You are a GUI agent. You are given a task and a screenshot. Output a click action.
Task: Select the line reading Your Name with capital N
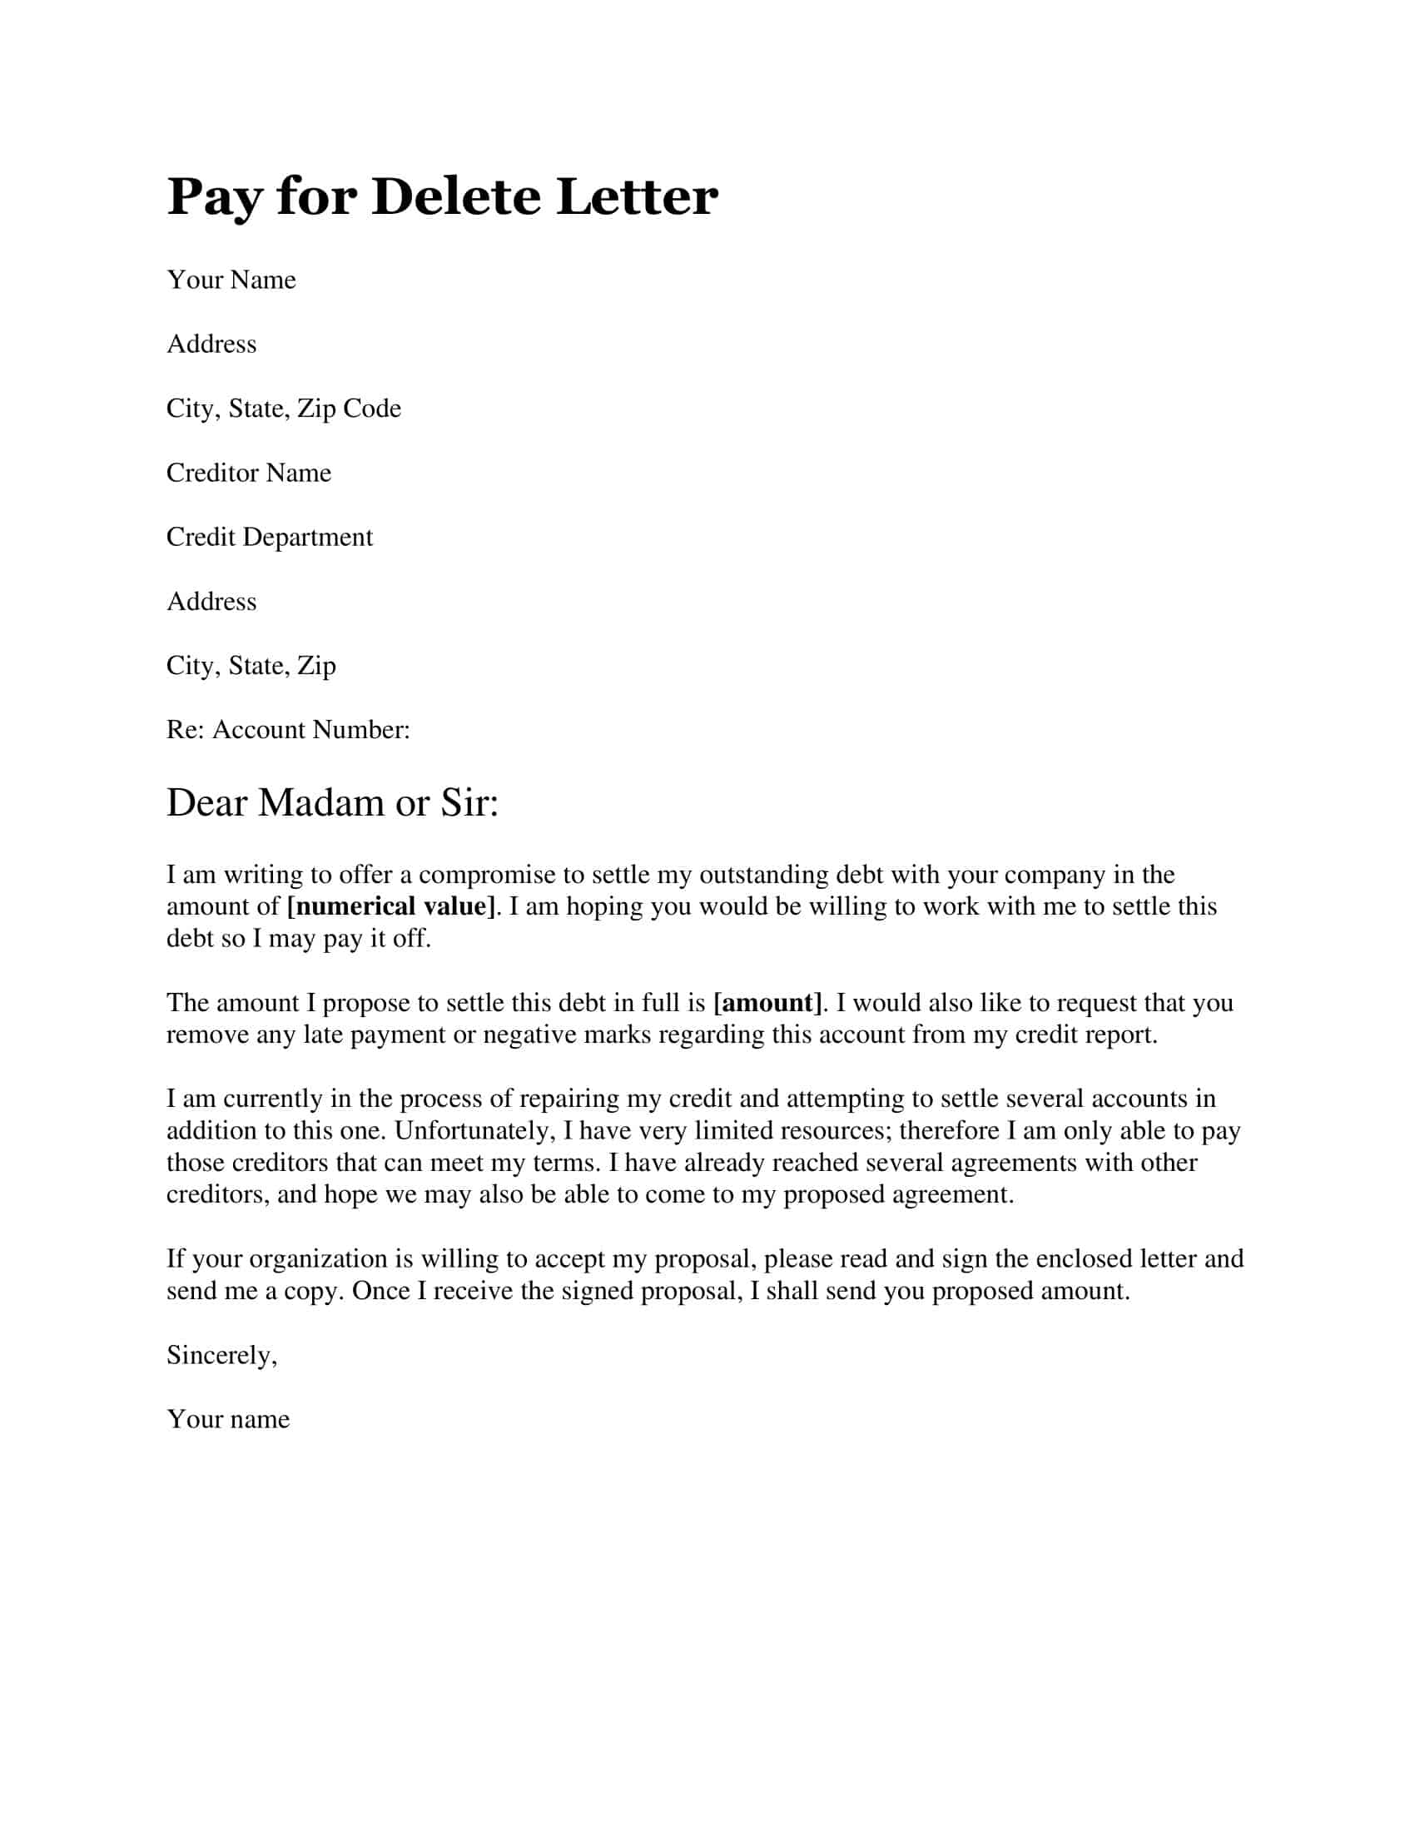tap(231, 279)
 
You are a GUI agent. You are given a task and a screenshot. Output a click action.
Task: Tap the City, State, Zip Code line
tap(283, 409)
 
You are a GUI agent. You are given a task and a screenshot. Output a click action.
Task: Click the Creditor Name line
tap(248, 473)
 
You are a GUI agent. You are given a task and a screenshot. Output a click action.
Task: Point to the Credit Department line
tap(269, 537)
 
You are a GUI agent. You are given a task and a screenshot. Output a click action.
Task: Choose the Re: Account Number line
tap(287, 729)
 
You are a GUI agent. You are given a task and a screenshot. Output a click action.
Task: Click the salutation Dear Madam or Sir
tap(332, 802)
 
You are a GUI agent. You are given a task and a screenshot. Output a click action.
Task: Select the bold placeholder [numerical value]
tap(390, 906)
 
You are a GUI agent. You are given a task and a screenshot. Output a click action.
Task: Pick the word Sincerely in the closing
tap(221, 1355)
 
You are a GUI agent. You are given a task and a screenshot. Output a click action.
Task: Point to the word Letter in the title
tap(636, 197)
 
